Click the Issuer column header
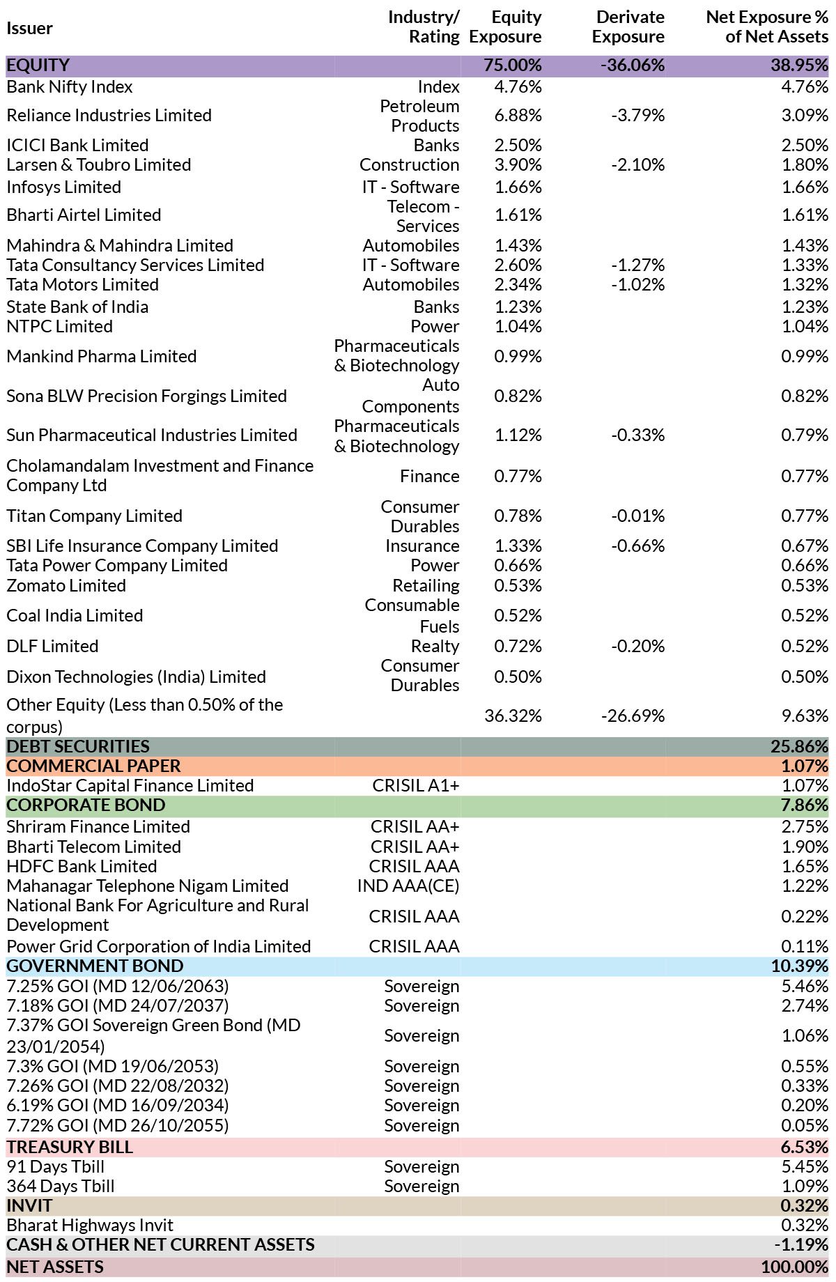(x=29, y=28)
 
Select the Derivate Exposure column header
(x=628, y=26)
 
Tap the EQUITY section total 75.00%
(x=513, y=65)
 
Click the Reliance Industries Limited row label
(x=109, y=116)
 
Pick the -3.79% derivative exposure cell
(x=638, y=116)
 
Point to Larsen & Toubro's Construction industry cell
(x=410, y=165)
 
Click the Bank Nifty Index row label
(x=70, y=87)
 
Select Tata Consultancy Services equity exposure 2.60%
(x=518, y=265)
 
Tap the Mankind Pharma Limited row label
(x=102, y=357)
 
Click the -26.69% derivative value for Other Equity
(x=633, y=716)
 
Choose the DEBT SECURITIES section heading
(x=78, y=747)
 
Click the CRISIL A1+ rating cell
(x=416, y=786)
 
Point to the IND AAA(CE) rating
(x=408, y=886)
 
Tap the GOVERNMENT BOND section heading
(x=95, y=966)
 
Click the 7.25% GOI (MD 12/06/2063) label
(x=118, y=987)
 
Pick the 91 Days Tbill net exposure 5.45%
(x=805, y=1167)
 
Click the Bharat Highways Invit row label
(x=90, y=1226)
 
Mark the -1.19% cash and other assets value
(x=802, y=1245)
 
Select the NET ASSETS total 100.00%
(x=795, y=1267)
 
